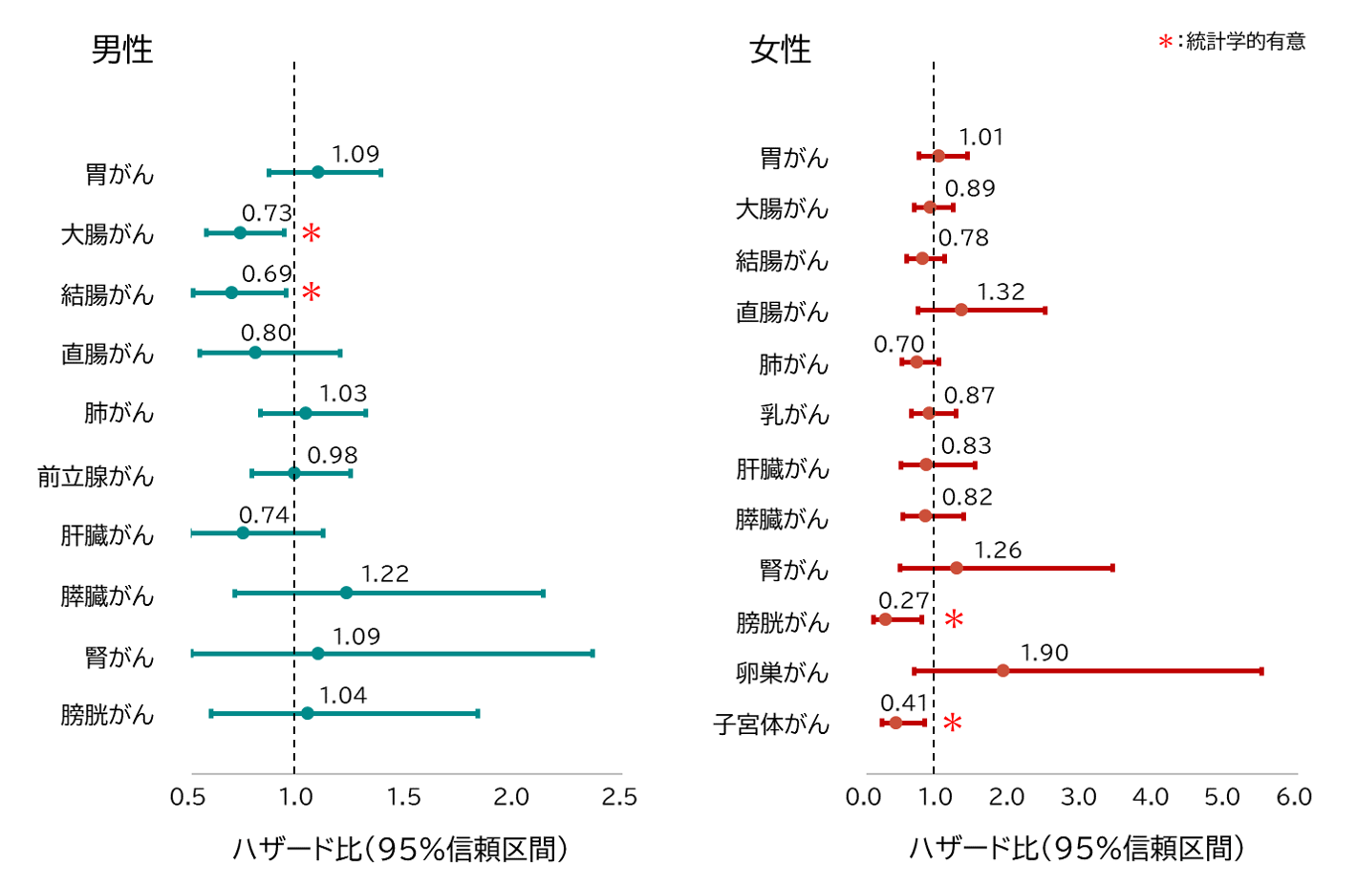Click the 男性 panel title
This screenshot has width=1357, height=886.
(x=121, y=50)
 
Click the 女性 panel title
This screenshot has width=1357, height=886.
(x=780, y=50)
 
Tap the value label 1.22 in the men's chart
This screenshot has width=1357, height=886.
(x=384, y=573)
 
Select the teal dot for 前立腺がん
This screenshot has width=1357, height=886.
(x=293, y=473)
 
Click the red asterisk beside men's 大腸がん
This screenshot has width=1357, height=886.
(x=311, y=233)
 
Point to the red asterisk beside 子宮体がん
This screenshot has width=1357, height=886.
(x=952, y=724)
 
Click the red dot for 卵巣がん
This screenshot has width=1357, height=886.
(x=1002, y=671)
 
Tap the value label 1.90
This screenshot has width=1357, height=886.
(x=1044, y=653)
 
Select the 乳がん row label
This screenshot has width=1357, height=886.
(x=794, y=415)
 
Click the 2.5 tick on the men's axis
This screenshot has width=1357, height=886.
(x=619, y=797)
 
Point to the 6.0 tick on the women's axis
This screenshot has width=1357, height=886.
(x=1294, y=797)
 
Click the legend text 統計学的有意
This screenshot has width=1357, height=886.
(x=1245, y=41)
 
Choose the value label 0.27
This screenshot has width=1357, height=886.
(x=903, y=600)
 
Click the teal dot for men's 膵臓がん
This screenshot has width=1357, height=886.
(x=346, y=594)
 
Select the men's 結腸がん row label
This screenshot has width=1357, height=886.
(x=107, y=294)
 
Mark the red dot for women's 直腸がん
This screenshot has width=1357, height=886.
(x=960, y=310)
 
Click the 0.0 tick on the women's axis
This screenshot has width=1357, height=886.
(x=863, y=797)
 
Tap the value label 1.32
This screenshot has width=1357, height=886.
(x=1001, y=292)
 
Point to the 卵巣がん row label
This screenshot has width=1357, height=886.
(x=782, y=673)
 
